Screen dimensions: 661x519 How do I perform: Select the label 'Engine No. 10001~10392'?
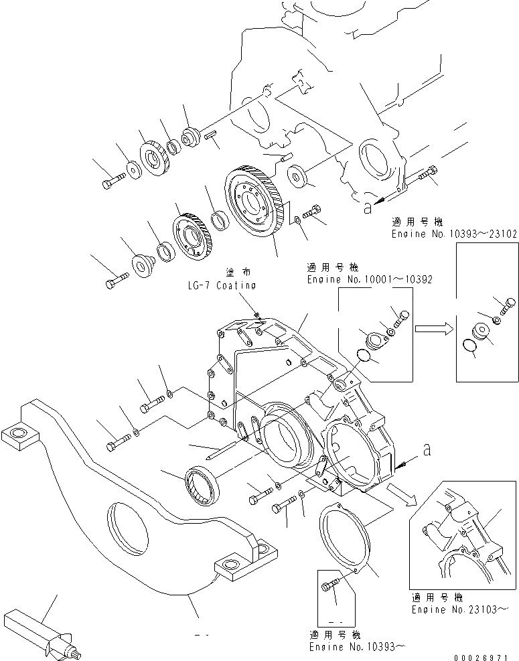coord(370,280)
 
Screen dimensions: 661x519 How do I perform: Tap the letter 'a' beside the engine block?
coord(366,208)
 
